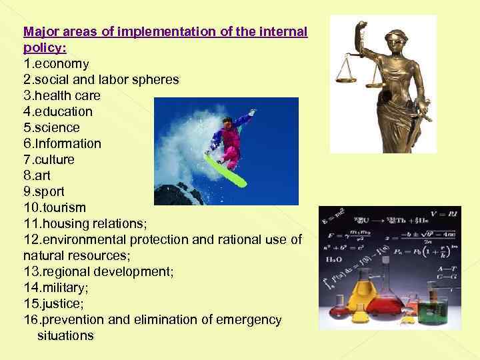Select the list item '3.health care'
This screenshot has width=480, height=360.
tap(61, 96)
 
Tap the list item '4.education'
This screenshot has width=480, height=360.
tap(58, 112)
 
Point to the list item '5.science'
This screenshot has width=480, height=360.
tap(51, 128)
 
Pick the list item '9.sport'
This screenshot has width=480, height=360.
tap(44, 192)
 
